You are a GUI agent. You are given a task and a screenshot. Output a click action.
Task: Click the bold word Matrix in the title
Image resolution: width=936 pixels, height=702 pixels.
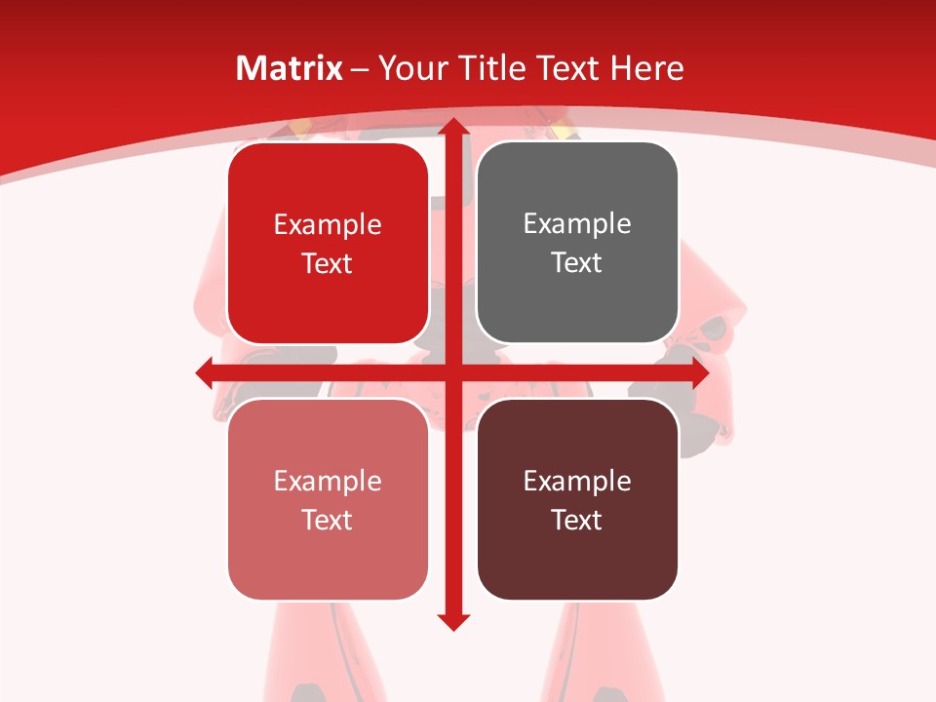(x=290, y=68)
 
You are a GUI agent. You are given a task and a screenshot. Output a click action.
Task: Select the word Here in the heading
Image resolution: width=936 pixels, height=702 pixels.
(x=647, y=68)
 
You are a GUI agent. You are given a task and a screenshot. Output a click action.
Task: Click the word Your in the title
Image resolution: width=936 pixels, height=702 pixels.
(x=409, y=68)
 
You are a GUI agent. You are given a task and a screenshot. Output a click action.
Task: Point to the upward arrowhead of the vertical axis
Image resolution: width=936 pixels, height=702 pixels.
(x=452, y=128)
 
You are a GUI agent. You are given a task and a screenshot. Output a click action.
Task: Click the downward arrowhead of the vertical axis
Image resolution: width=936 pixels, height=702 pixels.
(x=452, y=621)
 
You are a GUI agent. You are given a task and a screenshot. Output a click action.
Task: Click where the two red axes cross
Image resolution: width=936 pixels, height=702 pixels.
(x=452, y=372)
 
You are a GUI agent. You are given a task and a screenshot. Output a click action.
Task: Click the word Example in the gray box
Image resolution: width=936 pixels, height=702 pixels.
(x=577, y=224)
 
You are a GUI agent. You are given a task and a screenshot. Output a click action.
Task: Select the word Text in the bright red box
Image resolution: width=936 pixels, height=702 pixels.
(x=328, y=263)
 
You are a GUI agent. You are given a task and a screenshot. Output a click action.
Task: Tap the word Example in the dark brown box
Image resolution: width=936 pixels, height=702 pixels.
(x=577, y=481)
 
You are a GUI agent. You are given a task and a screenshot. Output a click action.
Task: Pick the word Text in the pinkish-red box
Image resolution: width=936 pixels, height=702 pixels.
(x=328, y=520)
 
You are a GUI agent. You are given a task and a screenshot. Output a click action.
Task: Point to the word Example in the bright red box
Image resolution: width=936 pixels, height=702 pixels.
(x=328, y=225)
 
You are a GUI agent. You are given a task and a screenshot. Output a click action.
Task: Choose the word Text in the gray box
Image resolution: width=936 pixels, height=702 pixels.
(x=577, y=262)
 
